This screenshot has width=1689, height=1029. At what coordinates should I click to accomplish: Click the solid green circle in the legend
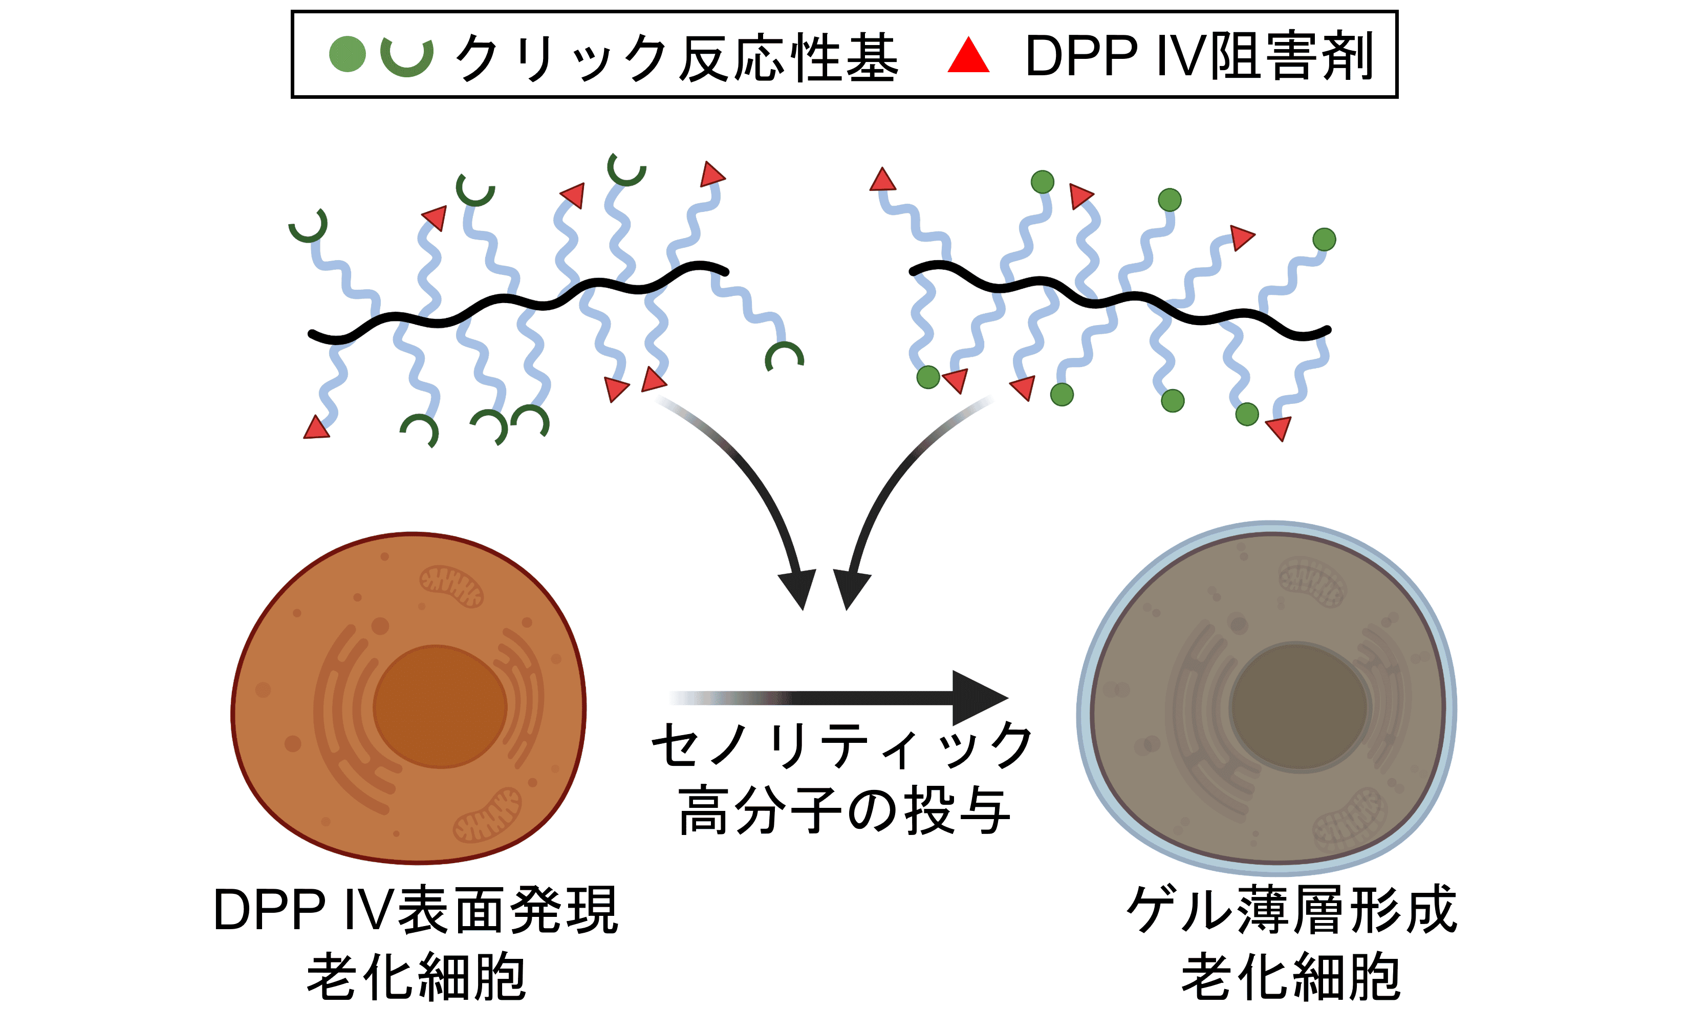348,53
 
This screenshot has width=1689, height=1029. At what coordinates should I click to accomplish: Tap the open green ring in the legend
407,56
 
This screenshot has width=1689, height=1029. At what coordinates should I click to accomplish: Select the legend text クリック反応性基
675,57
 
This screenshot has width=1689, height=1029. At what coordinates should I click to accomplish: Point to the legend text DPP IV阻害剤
1199,56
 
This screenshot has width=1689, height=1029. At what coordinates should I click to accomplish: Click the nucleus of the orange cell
439,706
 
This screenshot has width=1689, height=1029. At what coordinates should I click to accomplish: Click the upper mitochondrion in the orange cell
452,586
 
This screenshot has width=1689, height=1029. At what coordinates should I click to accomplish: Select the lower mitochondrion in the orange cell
487,816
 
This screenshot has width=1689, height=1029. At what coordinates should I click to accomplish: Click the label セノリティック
842,745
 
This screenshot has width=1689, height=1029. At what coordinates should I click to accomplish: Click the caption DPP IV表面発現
416,910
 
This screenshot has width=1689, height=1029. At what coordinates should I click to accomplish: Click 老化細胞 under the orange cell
416,977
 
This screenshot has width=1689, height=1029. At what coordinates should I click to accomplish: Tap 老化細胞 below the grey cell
1291,977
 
